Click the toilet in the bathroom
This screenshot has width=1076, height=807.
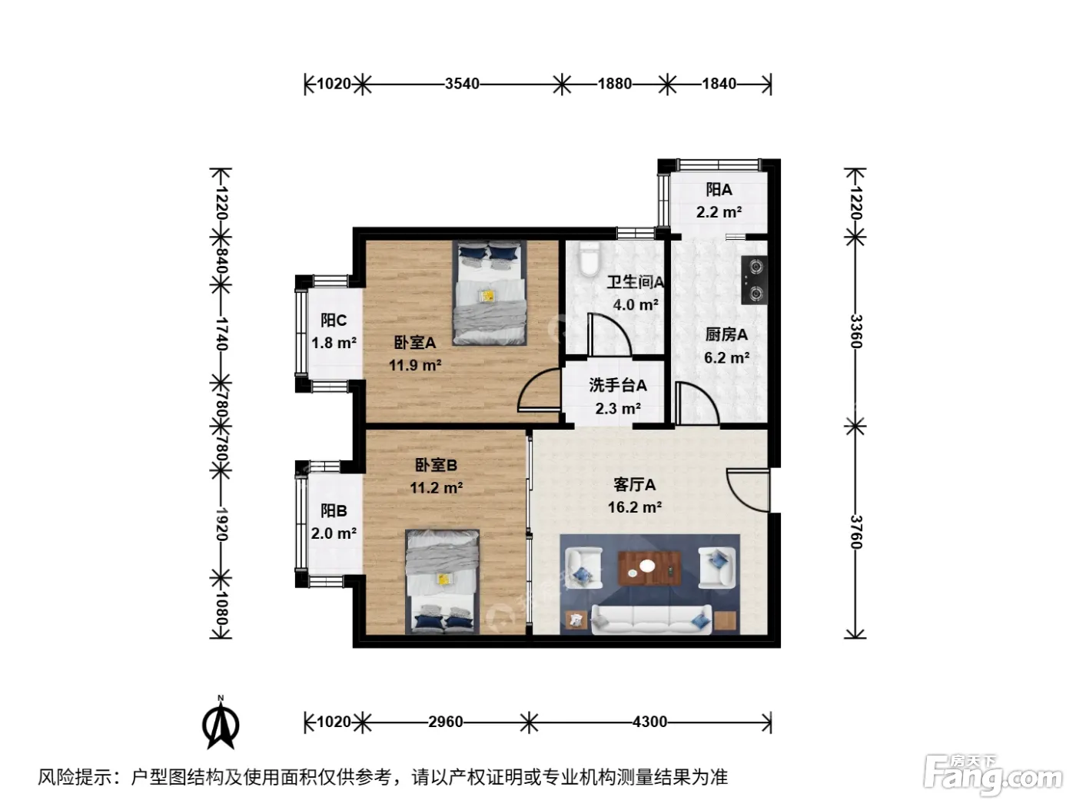click(589, 260)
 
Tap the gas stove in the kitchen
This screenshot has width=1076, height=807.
click(755, 281)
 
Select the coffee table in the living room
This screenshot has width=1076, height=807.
click(649, 569)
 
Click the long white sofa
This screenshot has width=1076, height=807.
click(652, 619)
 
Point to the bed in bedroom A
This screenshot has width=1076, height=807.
click(490, 293)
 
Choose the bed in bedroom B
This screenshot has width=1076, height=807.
click(442, 582)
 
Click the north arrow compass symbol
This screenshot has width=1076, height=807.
click(221, 722)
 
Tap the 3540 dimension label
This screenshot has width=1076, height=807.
click(462, 84)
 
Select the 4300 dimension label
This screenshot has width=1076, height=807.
click(649, 722)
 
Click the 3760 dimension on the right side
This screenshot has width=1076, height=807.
click(855, 532)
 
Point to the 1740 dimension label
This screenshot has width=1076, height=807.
click(221, 334)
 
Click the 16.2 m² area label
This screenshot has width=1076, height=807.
click(634, 507)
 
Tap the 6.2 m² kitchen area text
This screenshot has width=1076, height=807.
click(726, 357)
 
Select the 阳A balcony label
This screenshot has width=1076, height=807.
click(719, 189)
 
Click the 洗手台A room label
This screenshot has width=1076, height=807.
click(618, 385)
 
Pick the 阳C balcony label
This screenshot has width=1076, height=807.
click(334, 320)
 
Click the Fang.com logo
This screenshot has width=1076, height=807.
click(992, 776)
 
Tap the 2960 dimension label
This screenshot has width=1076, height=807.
click(445, 722)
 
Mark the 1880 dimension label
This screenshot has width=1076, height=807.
click(614, 84)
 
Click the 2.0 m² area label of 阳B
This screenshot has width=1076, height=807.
click(334, 533)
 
